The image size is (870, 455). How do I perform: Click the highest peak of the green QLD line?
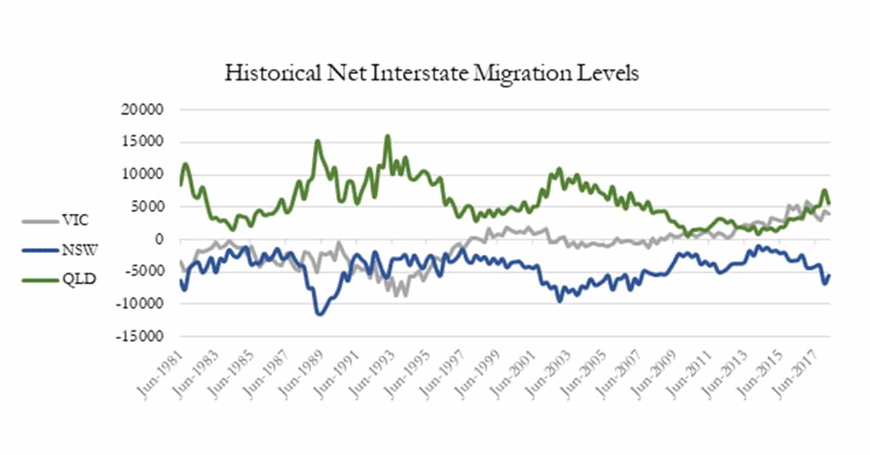coord(388,135)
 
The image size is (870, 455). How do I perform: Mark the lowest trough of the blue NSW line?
coord(319,314)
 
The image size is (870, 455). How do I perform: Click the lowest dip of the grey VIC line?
coord(400,296)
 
